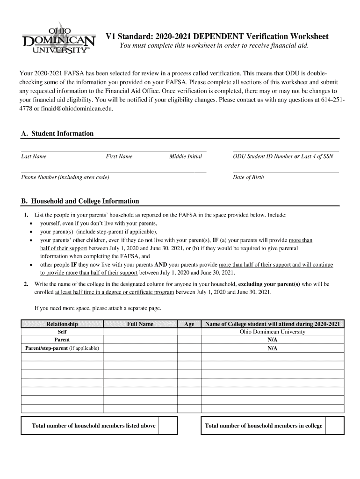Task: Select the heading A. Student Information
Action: coord(58,134)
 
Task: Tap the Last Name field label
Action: coord(34,157)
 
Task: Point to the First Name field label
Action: coord(119,157)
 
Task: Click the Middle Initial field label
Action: coord(186,157)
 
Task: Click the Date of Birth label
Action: coord(248,177)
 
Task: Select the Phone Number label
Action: coord(65,177)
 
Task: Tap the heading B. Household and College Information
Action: coord(80,201)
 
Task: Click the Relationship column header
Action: coord(62,324)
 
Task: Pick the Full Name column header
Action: coord(140,324)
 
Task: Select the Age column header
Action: coord(189,324)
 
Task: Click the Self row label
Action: coord(62,332)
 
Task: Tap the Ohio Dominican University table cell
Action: coord(272,332)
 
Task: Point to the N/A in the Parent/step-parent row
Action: coord(272,348)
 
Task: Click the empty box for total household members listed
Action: coord(168,426)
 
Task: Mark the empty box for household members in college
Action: coord(335,426)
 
